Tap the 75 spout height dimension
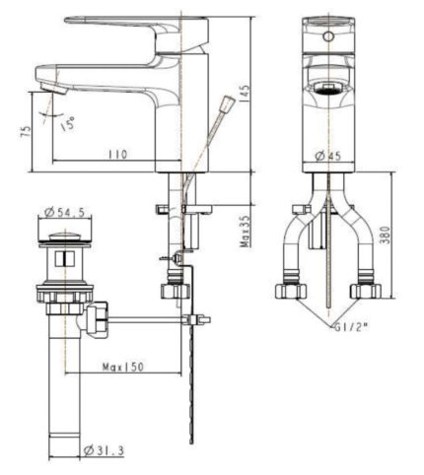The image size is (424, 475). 25,132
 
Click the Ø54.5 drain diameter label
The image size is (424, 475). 63,212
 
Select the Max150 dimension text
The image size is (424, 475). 124,368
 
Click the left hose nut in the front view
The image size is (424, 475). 290,291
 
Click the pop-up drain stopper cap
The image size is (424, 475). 64,235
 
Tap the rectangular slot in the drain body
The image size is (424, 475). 63,259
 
